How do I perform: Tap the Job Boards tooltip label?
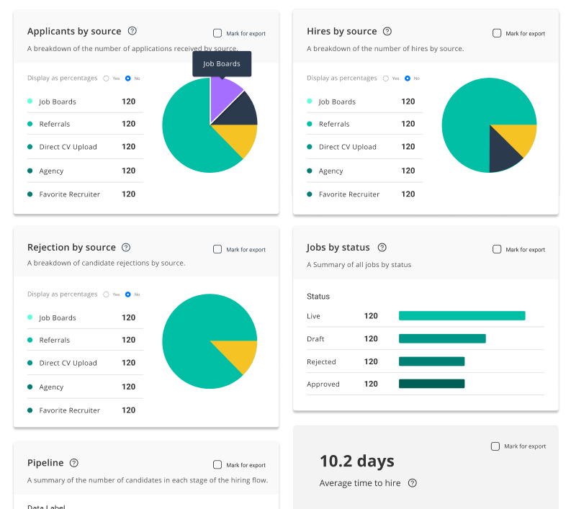tap(222, 64)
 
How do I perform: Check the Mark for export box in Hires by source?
tap(497, 33)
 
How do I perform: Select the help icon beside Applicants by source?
tap(132, 31)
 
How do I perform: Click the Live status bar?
tap(462, 315)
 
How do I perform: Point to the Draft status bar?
tap(442, 338)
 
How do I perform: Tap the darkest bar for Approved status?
tap(431, 384)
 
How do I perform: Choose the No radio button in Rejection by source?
tap(128, 294)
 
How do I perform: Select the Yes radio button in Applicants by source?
tap(106, 78)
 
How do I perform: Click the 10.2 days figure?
tap(357, 461)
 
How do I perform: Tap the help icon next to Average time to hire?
tap(413, 483)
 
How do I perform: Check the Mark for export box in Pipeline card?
tap(217, 465)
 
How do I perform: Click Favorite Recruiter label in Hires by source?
tap(349, 194)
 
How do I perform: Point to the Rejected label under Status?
tap(321, 361)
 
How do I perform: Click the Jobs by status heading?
tap(338, 247)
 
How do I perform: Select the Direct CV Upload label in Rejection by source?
tap(68, 363)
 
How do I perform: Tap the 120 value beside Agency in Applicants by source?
tap(128, 171)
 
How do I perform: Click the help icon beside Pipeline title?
tap(74, 463)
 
